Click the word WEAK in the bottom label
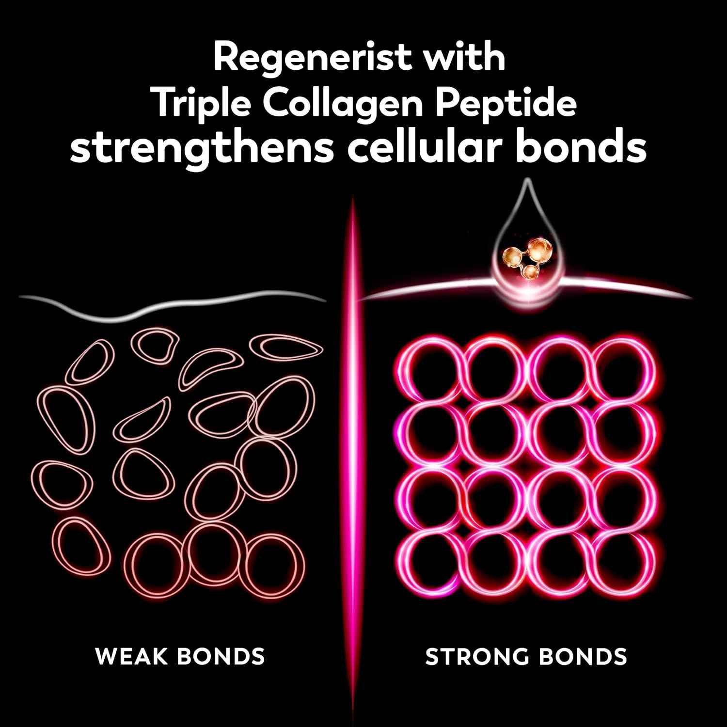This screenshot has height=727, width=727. click(129, 657)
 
